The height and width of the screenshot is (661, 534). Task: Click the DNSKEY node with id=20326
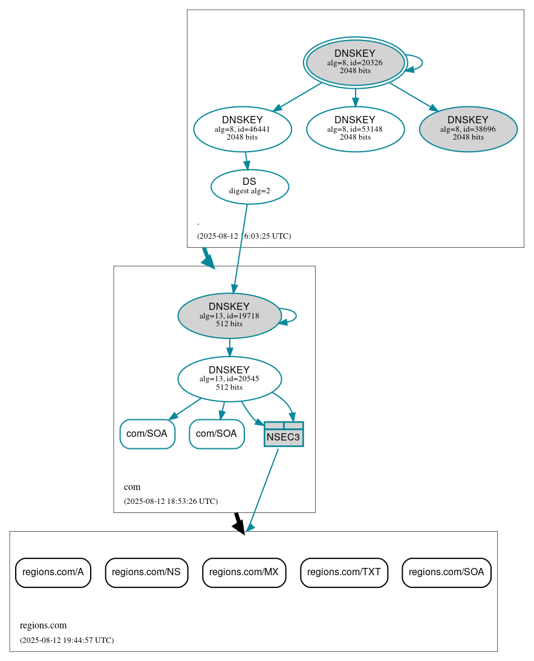tap(355, 62)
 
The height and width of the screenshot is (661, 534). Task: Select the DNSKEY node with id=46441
tap(243, 128)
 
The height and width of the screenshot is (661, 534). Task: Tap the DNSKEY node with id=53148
tap(355, 128)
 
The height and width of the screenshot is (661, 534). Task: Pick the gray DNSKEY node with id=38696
tap(467, 128)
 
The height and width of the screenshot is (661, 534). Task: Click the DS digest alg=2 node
tap(249, 186)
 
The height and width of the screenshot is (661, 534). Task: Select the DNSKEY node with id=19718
tap(229, 315)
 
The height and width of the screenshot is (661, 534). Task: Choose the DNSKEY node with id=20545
tap(229, 379)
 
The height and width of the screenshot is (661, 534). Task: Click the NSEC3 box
tap(284, 434)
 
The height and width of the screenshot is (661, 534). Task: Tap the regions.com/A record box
tap(53, 572)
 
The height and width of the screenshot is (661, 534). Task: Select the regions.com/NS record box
tap(146, 572)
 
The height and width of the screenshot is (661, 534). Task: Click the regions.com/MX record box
tap(244, 572)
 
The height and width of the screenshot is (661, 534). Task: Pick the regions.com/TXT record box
tap(344, 572)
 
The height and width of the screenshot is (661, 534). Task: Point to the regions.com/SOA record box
tap(446, 572)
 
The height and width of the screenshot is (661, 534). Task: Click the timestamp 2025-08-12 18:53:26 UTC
tap(171, 501)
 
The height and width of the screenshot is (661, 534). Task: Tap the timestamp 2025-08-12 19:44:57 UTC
tap(67, 640)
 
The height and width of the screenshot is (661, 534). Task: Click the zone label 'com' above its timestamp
tap(132, 487)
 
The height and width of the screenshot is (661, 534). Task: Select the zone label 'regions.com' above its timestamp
tap(43, 625)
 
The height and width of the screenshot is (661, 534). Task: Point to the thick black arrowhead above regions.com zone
tap(239, 527)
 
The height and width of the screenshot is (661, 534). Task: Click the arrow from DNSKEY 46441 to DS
tap(246, 161)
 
